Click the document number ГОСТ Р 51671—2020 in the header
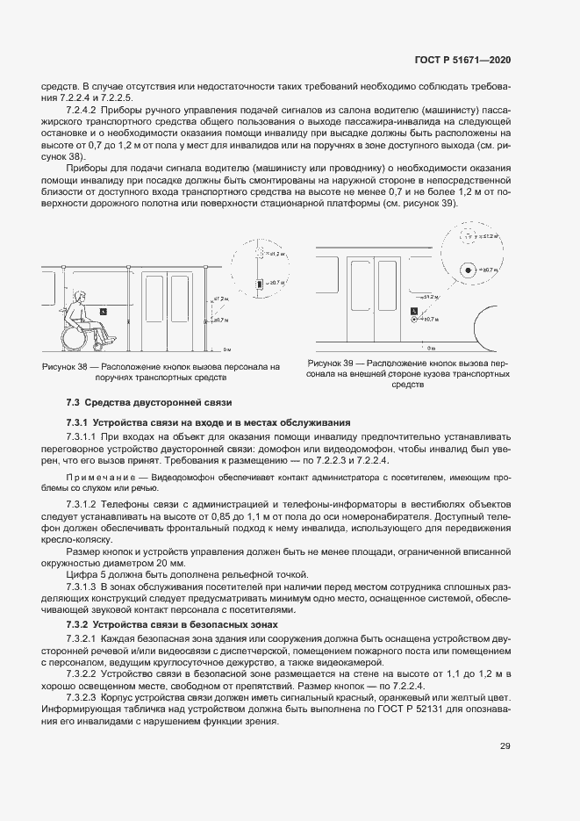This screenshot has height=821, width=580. pos(462,60)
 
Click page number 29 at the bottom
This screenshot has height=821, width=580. pos(505,746)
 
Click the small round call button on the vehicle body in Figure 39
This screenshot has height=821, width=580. pos(412,320)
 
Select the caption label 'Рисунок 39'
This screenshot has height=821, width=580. pos(331,363)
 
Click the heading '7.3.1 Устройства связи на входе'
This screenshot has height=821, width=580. pos(209,422)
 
